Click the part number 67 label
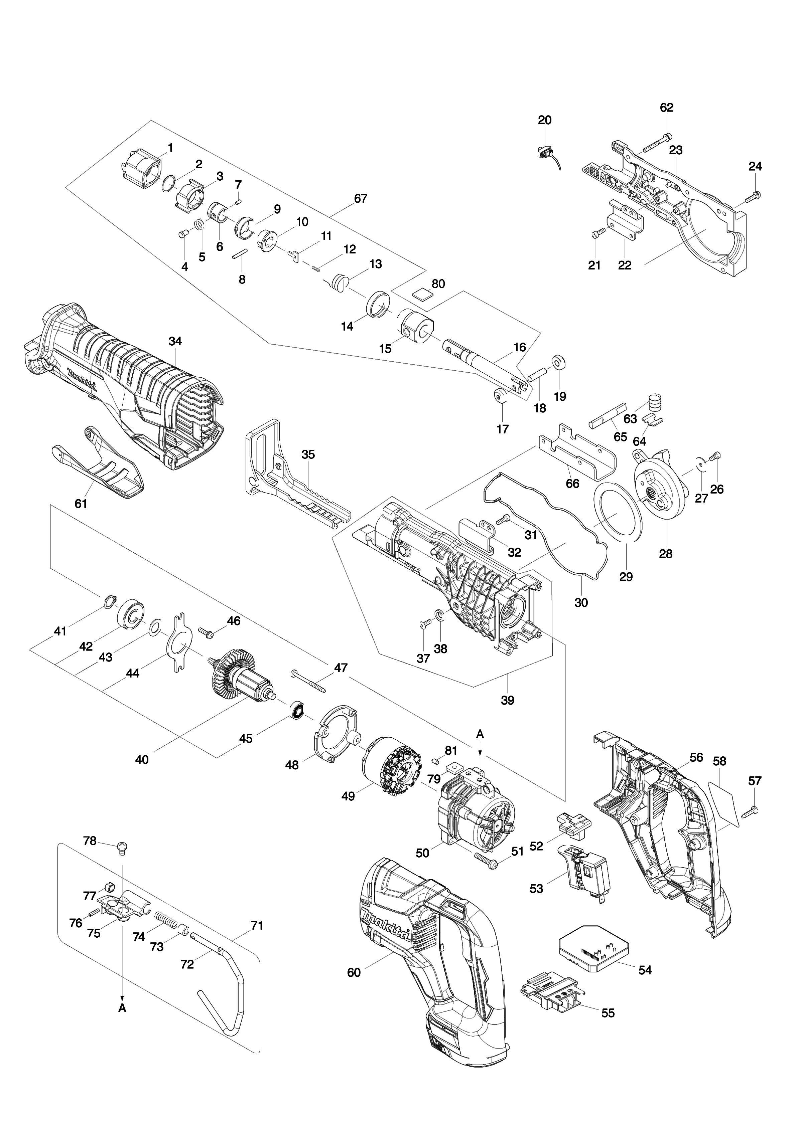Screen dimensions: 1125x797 [360, 199]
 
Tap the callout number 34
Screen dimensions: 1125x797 [175, 341]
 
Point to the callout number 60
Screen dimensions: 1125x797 [354, 972]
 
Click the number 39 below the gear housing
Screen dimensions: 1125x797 [508, 700]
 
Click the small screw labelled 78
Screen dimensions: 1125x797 [122, 846]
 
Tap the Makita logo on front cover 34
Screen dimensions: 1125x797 [82, 379]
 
